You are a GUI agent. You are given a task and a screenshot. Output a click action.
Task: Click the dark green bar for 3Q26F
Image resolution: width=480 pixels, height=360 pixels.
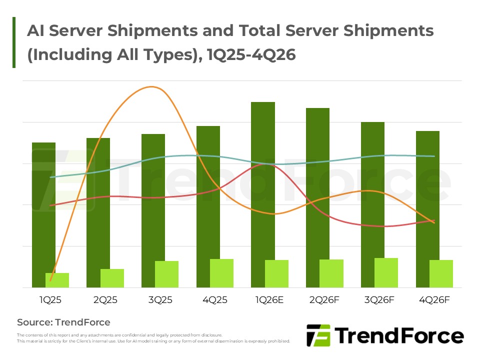[x=372, y=190]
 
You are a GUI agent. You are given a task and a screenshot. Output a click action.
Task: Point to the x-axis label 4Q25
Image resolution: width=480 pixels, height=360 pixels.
[x=215, y=300]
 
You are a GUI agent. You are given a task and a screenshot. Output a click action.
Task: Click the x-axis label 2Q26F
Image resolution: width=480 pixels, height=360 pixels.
[x=324, y=300]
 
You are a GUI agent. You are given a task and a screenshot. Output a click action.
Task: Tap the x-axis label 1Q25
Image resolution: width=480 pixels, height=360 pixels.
[x=50, y=300]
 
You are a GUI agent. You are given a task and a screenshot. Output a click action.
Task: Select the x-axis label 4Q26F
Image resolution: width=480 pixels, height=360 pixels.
[x=434, y=300]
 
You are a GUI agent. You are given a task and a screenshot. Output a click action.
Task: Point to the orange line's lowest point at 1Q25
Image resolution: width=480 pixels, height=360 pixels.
[x=51, y=280]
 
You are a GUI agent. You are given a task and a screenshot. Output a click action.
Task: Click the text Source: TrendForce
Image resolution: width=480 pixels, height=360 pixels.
[x=63, y=322]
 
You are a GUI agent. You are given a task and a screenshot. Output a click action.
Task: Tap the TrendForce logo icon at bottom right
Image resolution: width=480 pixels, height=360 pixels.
[x=318, y=335]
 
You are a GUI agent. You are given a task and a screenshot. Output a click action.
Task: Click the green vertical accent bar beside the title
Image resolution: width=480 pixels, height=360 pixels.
[x=14, y=42]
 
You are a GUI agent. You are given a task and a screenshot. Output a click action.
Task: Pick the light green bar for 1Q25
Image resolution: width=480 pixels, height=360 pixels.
[x=57, y=280]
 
